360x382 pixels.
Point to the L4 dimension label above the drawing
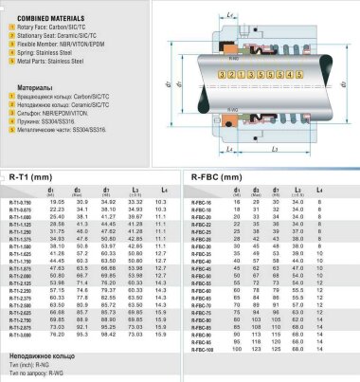[x=233, y=10]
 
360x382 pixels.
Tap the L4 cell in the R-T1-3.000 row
[x=160, y=334]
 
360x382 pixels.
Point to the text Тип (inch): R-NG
[x=33, y=364]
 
